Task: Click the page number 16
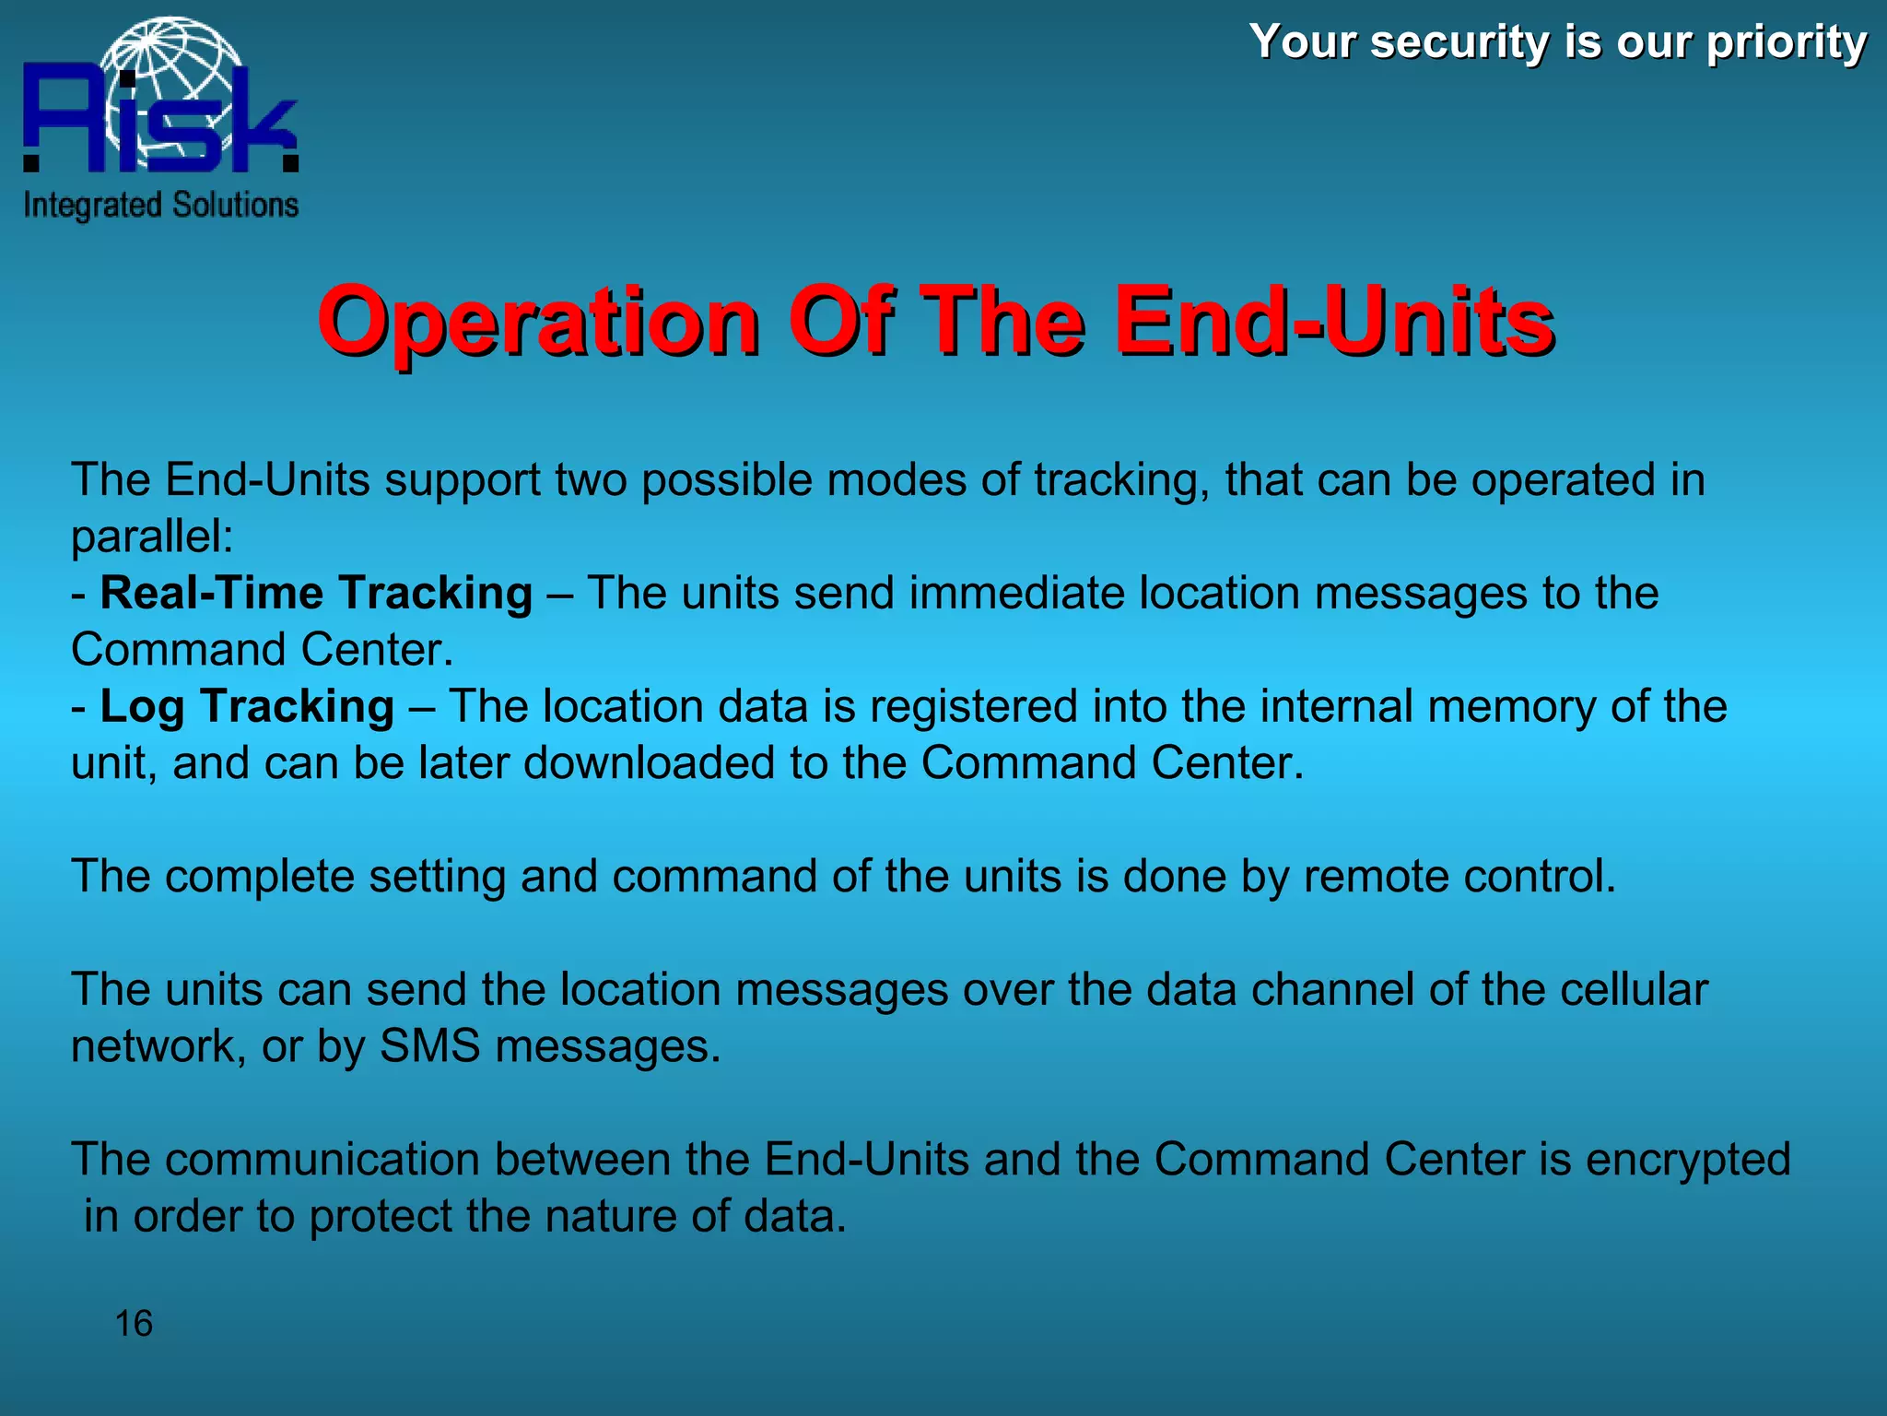pyautogui.click(x=134, y=1324)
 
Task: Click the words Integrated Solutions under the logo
pyautogui.click(x=161, y=205)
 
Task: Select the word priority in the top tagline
pyautogui.click(x=1787, y=43)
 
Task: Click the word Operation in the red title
pyautogui.click(x=539, y=323)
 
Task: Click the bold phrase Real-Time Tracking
pyautogui.click(x=316, y=593)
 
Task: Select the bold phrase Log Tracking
pyautogui.click(x=247, y=706)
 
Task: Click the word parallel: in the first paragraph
pyautogui.click(x=153, y=537)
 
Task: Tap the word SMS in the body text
pyautogui.click(x=429, y=1046)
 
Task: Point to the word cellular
pyautogui.click(x=1634, y=989)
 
